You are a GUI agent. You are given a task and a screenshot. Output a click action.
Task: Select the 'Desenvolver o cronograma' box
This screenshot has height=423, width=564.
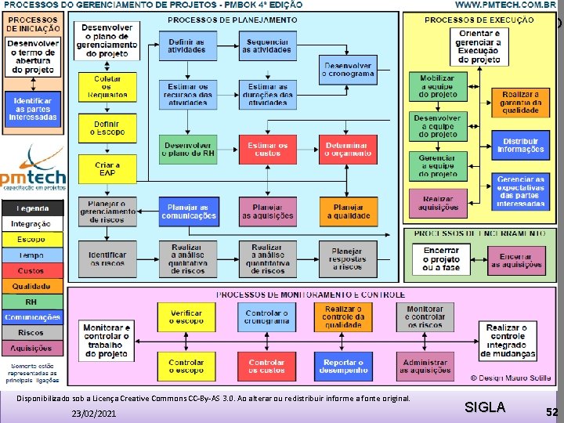click(348, 70)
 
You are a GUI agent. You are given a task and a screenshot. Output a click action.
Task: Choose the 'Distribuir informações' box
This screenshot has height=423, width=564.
click(520, 144)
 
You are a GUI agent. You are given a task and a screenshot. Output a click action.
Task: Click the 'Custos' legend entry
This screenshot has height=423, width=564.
click(31, 270)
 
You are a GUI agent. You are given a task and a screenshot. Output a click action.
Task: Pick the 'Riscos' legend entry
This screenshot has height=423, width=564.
click(31, 332)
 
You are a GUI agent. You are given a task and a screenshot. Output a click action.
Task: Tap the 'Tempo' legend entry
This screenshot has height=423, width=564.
click(31, 255)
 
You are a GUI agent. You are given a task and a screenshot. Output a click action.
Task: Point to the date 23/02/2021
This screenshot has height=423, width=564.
click(92, 412)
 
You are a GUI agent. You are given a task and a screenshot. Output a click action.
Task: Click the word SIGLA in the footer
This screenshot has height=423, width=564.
click(485, 407)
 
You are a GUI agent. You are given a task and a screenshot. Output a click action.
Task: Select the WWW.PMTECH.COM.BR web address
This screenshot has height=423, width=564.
click(505, 5)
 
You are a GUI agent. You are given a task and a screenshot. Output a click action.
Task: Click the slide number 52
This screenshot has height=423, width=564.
click(552, 411)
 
